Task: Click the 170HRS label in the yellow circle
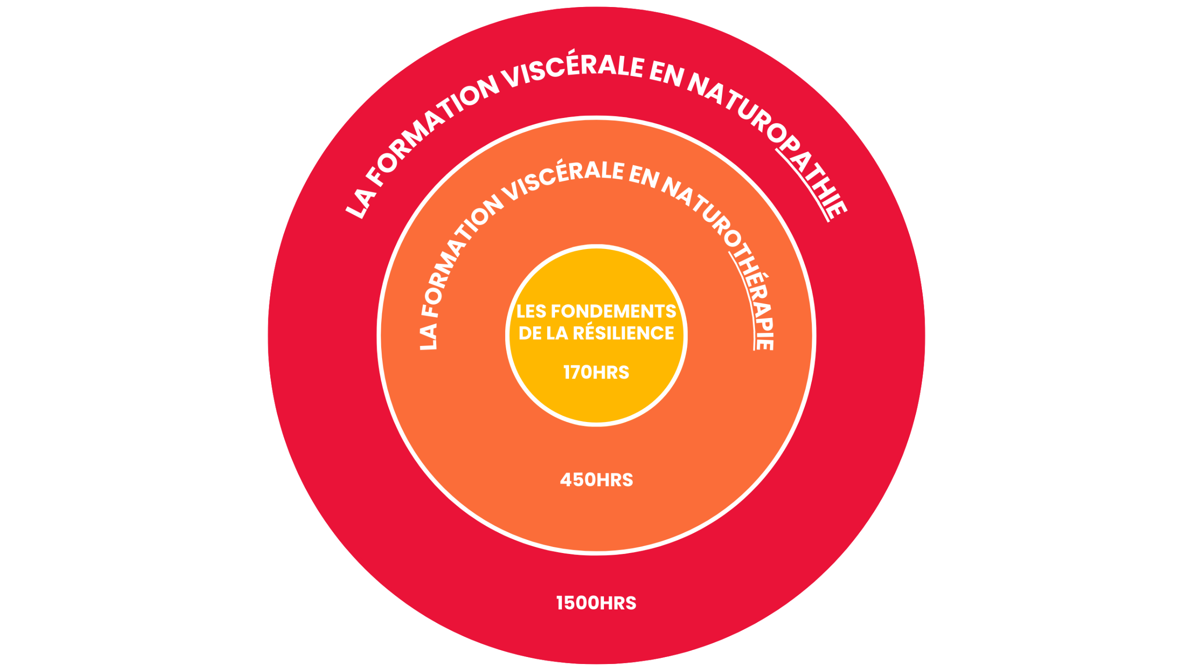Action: coord(596,373)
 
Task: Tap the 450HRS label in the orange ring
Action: coord(596,480)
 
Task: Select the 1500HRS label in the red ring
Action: coord(596,603)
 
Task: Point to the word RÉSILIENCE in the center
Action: coord(623,333)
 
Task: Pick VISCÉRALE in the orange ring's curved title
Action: coord(564,180)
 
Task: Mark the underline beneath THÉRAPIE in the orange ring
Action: coord(746,298)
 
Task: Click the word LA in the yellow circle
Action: coord(557,333)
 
